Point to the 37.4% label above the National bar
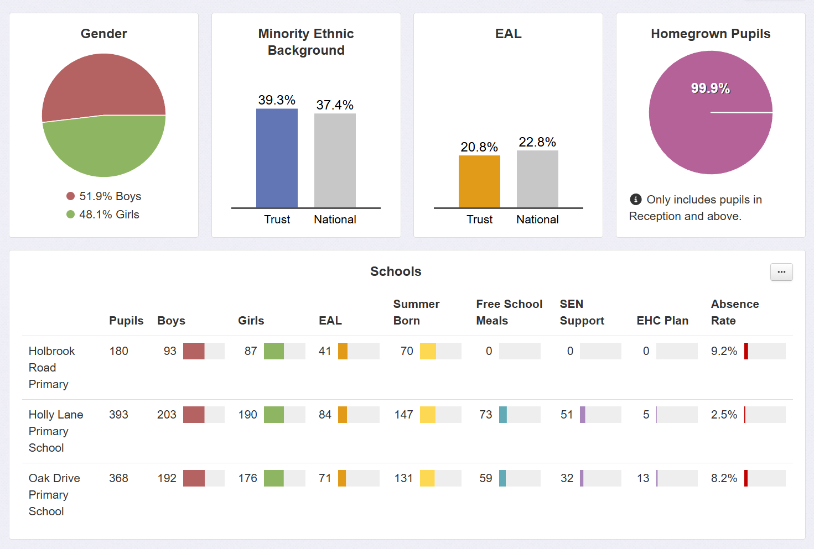tap(335, 105)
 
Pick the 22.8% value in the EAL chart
tap(537, 142)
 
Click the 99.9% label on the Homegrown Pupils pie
tap(711, 88)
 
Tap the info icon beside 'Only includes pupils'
tap(636, 200)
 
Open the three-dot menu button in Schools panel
tap(781, 272)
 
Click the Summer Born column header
tap(416, 312)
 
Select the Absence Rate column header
tap(735, 312)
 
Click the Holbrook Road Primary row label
tap(51, 368)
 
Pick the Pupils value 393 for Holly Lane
tap(118, 415)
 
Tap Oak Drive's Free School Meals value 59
tap(486, 478)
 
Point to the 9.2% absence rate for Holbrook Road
tap(724, 351)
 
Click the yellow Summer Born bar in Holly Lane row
tap(428, 415)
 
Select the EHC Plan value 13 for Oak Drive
tap(643, 478)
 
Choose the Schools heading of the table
tap(396, 271)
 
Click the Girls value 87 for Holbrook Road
tap(251, 351)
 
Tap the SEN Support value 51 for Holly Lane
tap(567, 415)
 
